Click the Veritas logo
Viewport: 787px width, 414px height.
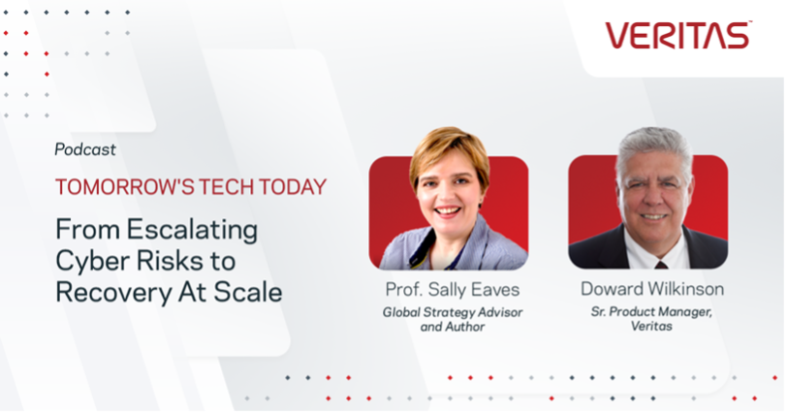tap(677, 35)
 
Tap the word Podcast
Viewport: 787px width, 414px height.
tap(85, 149)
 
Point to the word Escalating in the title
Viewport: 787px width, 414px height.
tap(192, 230)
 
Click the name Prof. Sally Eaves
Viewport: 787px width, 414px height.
tap(453, 290)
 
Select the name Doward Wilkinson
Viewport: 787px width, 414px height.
tap(652, 289)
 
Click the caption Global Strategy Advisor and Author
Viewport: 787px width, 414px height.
tap(453, 319)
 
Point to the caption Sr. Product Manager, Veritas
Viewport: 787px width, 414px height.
tap(651, 319)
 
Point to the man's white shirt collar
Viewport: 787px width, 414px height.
tap(655, 248)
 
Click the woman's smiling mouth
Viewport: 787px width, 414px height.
tap(448, 210)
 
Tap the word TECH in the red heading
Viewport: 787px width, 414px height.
tap(227, 187)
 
